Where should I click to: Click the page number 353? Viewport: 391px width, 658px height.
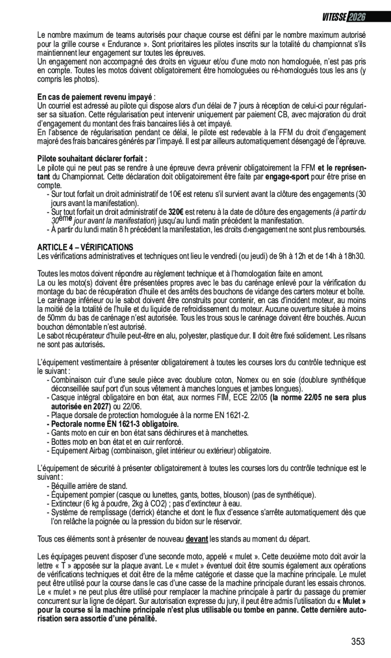point(358,642)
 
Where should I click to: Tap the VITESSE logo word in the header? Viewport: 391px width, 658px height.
point(334,17)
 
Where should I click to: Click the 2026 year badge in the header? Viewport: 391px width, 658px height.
point(357,17)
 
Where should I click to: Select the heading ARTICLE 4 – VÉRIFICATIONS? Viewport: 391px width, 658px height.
point(85,247)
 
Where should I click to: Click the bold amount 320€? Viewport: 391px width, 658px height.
point(176,212)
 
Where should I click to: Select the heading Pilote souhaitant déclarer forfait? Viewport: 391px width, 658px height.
point(92,158)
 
